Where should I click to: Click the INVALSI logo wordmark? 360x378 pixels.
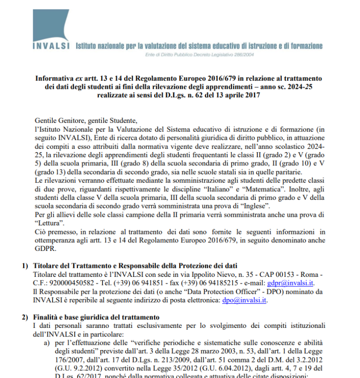click(x=51, y=46)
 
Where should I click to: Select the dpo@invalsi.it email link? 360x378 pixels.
click(x=244, y=301)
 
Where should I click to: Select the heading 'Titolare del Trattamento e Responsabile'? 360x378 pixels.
click(x=113, y=265)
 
